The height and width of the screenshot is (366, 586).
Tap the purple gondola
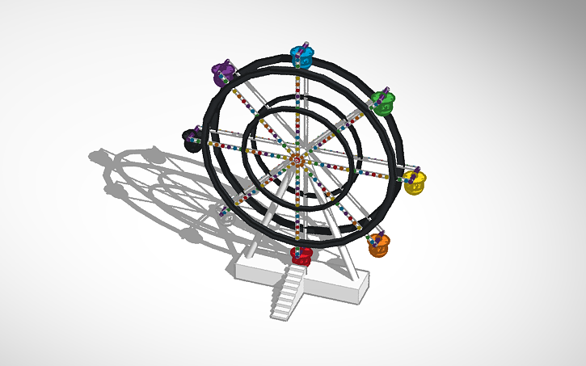(x=221, y=75)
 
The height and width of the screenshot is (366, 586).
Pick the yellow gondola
(x=415, y=183)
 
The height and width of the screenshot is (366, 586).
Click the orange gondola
(x=379, y=246)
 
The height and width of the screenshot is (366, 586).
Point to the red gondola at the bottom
(x=301, y=256)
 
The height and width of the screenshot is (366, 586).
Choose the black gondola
(x=192, y=141)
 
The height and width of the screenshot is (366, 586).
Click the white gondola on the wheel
(x=224, y=212)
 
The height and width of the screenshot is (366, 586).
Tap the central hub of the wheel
(x=298, y=158)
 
